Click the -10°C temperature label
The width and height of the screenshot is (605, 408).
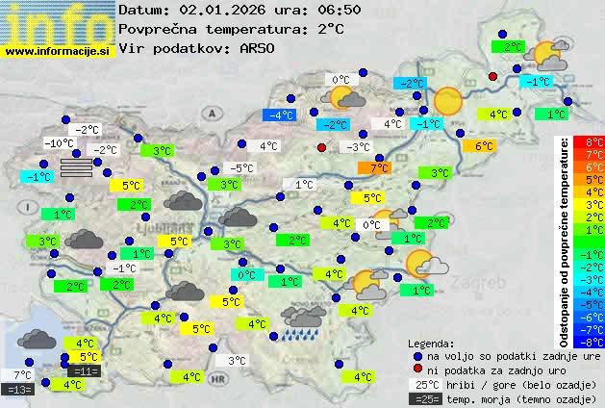pos(59,143)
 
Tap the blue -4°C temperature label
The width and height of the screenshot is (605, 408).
pos(280,115)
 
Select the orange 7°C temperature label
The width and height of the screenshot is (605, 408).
pos(374,168)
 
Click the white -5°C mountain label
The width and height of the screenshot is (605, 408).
pos(240,168)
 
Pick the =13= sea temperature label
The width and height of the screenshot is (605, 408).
pos(18,389)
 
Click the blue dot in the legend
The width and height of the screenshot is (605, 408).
pos(417,355)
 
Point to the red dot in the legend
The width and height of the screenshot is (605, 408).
pos(417,369)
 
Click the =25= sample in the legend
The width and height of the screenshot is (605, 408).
pos(428,398)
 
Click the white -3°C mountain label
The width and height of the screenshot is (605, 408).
pos(358,147)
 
